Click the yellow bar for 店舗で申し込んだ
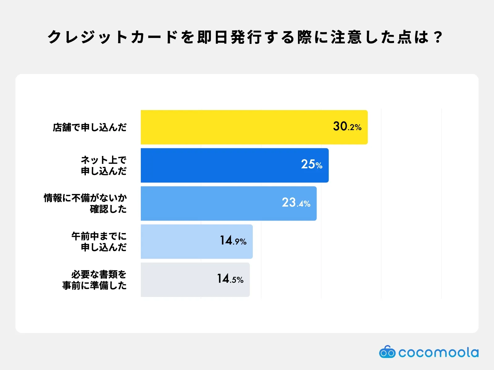coord(235,127)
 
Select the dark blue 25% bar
coord(216,165)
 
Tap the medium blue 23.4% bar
coord(210,203)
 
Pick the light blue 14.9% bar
coord(179,241)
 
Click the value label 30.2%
coord(347,126)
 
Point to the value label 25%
coord(312,164)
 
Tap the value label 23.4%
coord(296,203)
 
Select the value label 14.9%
coord(233,241)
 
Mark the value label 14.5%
coord(230,279)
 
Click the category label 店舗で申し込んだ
coord(90,127)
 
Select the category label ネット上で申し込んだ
coord(103,165)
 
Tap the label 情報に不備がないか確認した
coord(85,203)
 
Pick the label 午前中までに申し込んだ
coord(99,241)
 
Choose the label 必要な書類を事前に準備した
coord(94,280)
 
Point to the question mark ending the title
coord(438,37)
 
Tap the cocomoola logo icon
coord(387,352)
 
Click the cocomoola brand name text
coord(438,352)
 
